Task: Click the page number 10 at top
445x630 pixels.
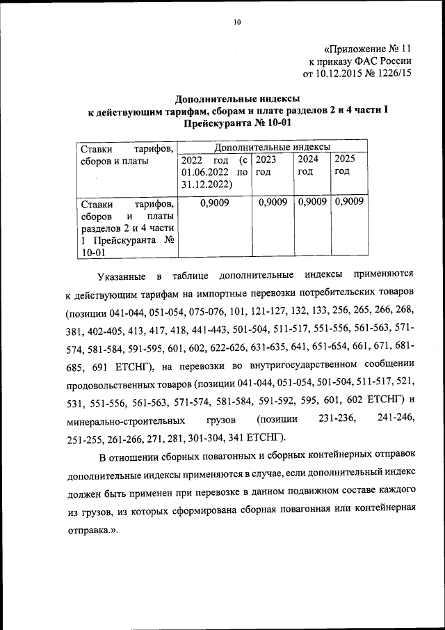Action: point(236,22)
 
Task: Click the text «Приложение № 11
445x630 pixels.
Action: point(369,49)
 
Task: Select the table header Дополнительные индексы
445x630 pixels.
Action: point(272,148)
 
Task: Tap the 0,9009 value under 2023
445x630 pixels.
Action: point(273,203)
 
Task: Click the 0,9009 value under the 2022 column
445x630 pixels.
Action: point(214,203)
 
